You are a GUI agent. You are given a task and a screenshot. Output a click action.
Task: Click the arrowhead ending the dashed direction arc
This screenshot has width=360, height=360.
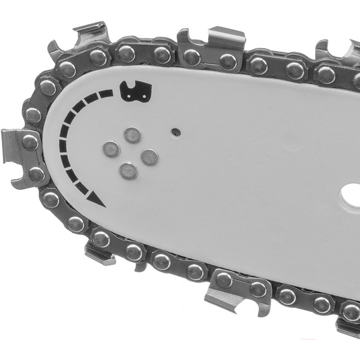tap(97, 200)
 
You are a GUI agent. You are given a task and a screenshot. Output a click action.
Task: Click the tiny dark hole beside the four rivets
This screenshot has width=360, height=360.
tap(176, 131)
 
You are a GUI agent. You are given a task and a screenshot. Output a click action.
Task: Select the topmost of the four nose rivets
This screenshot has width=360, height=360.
tap(133, 135)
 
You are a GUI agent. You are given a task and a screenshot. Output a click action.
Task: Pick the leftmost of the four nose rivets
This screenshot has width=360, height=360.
tap(111, 149)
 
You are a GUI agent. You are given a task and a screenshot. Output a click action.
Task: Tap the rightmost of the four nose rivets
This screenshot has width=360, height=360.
tap(149, 157)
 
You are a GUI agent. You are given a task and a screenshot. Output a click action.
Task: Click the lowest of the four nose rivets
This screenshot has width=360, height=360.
tap(128, 172)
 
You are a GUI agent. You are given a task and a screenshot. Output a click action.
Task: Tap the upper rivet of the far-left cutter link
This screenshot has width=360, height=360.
tap(30, 142)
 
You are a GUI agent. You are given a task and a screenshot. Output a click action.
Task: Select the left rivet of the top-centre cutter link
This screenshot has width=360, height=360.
tap(192, 57)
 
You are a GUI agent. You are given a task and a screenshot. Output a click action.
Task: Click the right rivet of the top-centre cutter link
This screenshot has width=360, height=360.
tap(227, 61)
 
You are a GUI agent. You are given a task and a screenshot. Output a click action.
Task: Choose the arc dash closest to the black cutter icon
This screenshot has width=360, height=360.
tap(106, 94)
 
